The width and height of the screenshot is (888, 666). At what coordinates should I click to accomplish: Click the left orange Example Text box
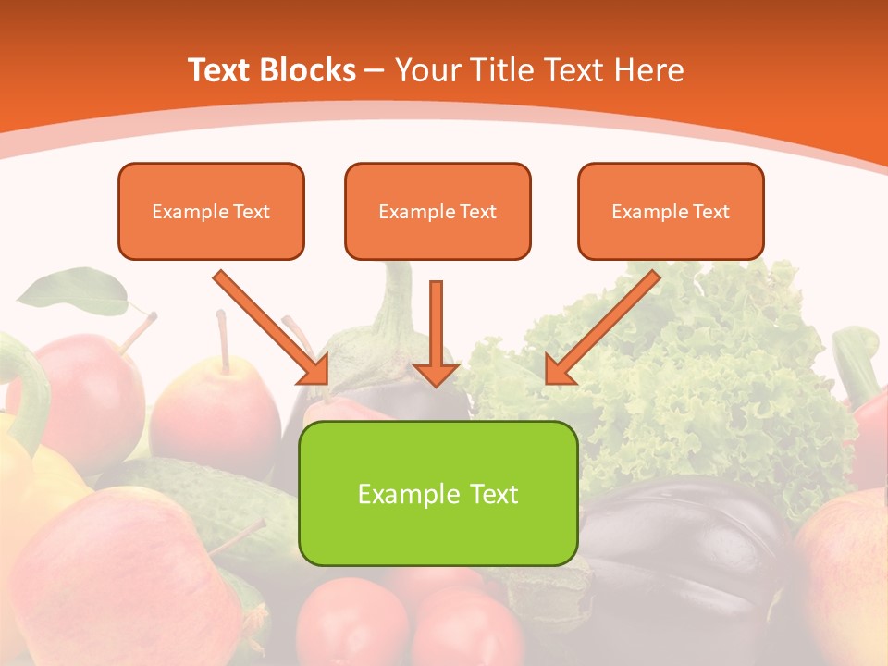211,211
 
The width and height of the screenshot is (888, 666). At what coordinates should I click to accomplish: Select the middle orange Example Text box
438,211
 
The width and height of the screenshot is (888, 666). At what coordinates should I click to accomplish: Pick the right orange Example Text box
671,211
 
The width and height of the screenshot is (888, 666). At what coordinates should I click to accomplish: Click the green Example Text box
438,493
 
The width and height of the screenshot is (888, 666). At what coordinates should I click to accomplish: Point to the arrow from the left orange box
268,326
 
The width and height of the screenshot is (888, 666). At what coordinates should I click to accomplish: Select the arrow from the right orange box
605,326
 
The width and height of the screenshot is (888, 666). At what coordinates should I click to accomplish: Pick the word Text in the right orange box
711,212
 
